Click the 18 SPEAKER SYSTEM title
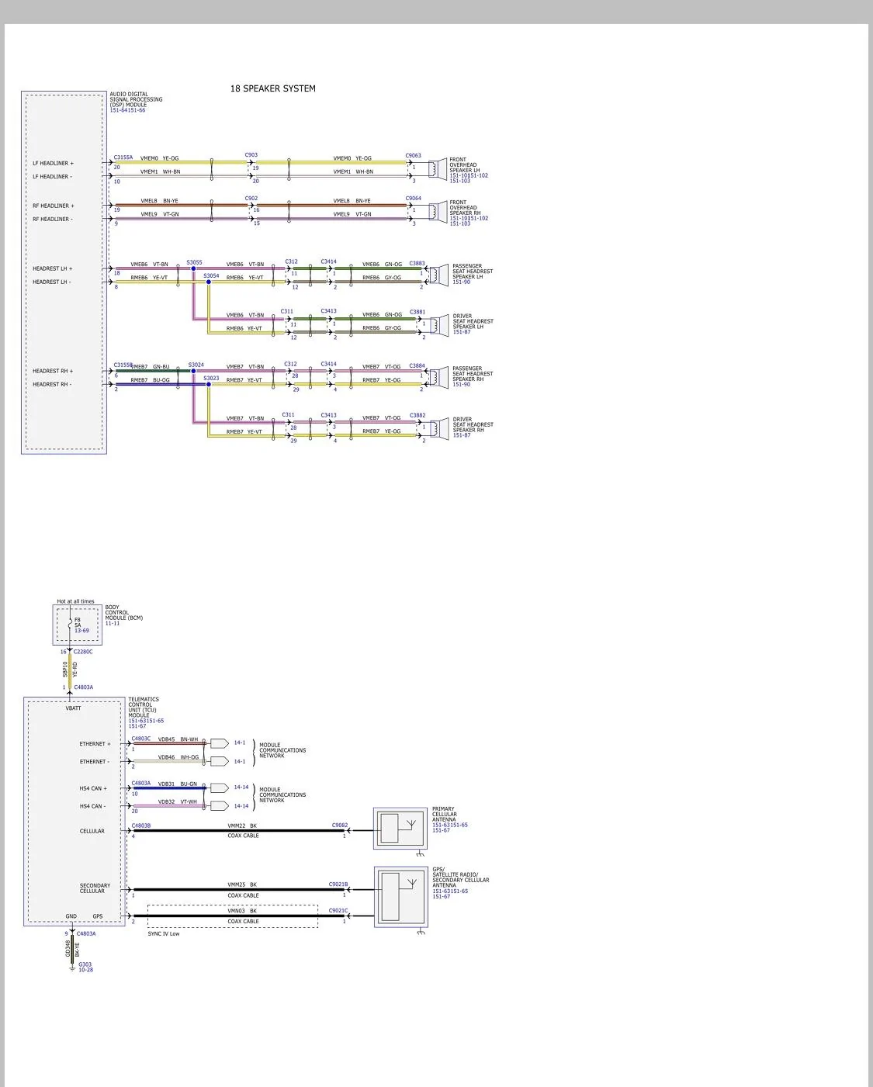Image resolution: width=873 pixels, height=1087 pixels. (272, 88)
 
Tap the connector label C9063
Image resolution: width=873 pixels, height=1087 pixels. (413, 156)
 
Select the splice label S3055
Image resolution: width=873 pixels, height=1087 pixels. (194, 262)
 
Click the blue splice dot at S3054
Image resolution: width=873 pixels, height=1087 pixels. (209, 282)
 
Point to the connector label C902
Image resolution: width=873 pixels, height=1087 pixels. (251, 199)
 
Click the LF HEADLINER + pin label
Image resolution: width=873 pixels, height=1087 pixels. (53, 164)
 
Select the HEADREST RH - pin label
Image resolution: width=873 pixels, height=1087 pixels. (52, 384)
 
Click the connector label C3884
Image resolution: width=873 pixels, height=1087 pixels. (417, 365)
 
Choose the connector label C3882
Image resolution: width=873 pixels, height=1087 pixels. (417, 416)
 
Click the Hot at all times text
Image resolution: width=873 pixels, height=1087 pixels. (75, 601)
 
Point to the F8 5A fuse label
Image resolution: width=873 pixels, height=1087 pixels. (78, 623)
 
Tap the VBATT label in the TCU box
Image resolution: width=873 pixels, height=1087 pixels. (73, 708)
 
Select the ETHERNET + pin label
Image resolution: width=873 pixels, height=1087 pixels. (95, 744)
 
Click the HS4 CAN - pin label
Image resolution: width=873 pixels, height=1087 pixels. (92, 806)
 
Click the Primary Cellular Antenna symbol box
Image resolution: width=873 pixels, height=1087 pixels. (400, 829)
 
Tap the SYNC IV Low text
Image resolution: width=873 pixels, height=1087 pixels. (164, 933)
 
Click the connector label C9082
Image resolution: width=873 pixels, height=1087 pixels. (340, 826)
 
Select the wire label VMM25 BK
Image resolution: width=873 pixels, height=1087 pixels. (242, 884)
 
